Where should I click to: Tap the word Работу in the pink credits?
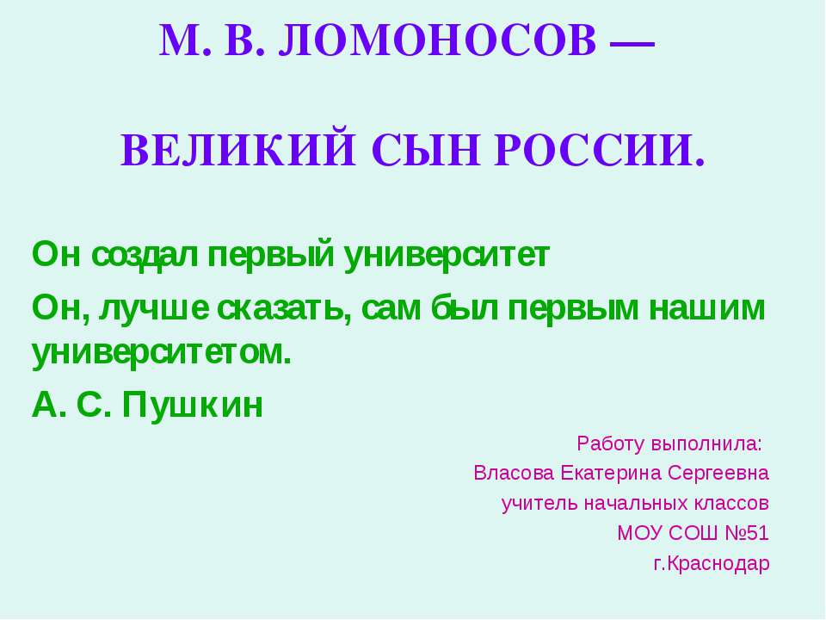(x=610, y=444)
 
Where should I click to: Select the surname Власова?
(x=514, y=474)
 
